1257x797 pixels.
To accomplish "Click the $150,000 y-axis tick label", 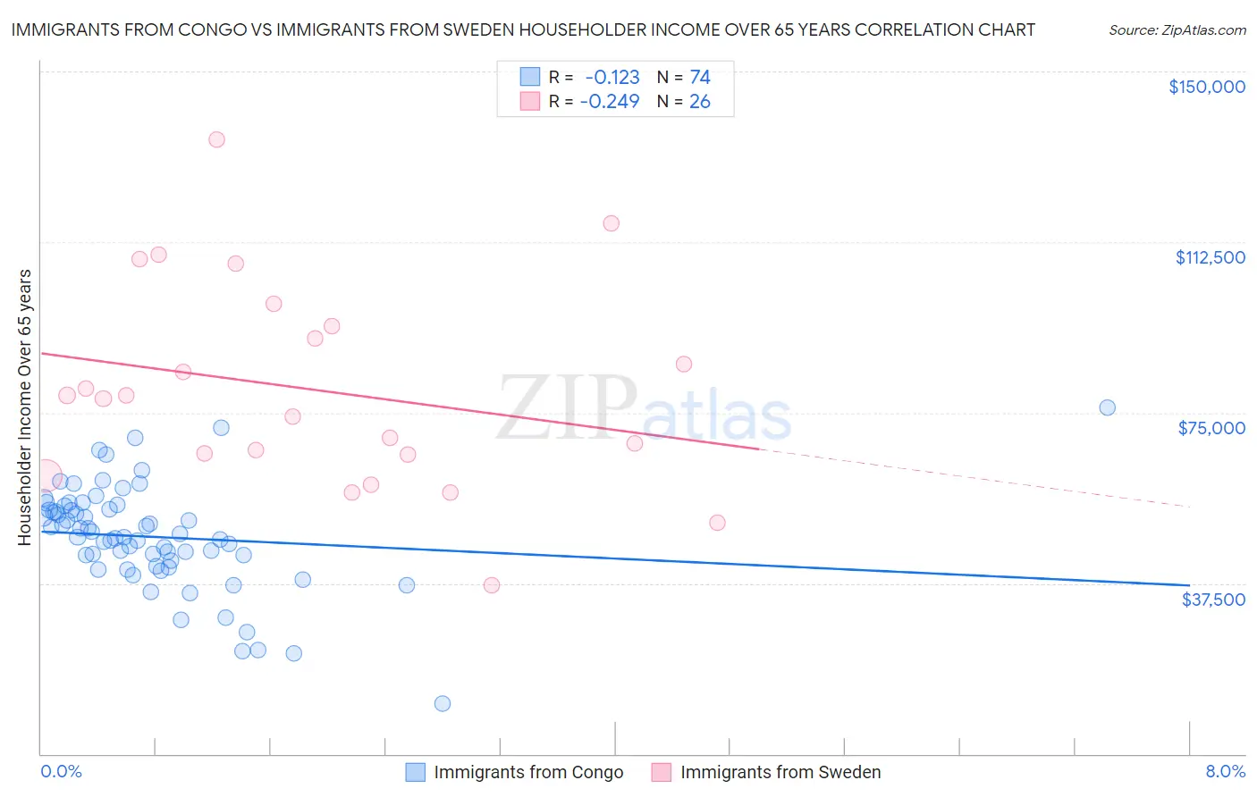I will pyautogui.click(x=1206, y=87).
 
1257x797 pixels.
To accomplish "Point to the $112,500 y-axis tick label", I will pyautogui.click(x=1210, y=257).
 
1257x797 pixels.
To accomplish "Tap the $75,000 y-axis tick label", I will pyautogui.click(x=1211, y=428).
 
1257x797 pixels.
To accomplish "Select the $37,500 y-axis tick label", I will pyautogui.click(x=1212, y=600).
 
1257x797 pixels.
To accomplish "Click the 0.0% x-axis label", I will pyautogui.click(x=61, y=772).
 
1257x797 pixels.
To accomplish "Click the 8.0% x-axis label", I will pyautogui.click(x=1225, y=772).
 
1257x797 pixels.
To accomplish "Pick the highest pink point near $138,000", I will pyautogui.click(x=216, y=139).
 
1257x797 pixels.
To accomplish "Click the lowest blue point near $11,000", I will pyautogui.click(x=442, y=704).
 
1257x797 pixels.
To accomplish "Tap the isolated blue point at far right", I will pyautogui.click(x=1107, y=407).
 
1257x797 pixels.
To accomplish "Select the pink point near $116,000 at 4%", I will pyautogui.click(x=611, y=223).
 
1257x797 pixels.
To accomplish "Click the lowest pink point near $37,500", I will pyautogui.click(x=491, y=585).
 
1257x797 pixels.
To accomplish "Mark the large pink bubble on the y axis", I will pyautogui.click(x=44, y=478).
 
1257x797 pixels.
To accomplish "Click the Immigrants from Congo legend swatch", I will pyautogui.click(x=415, y=772).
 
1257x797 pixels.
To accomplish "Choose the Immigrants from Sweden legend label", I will pyautogui.click(x=780, y=772).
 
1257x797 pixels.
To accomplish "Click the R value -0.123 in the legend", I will pyautogui.click(x=612, y=78).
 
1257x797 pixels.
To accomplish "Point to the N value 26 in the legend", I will pyautogui.click(x=699, y=102).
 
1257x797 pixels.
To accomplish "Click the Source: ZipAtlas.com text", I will pyautogui.click(x=1177, y=30).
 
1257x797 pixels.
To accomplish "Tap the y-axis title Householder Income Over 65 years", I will pyautogui.click(x=25, y=407).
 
